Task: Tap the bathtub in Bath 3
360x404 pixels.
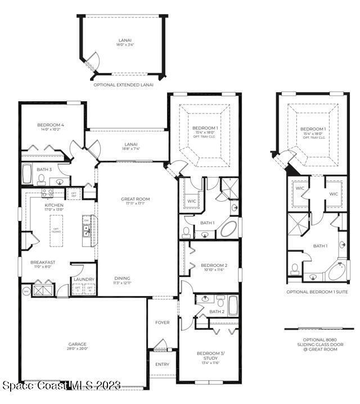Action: tap(28, 174)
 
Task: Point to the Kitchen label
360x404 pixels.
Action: tap(54, 206)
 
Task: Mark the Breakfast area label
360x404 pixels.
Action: tap(43, 262)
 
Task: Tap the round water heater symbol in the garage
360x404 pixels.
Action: tap(26, 291)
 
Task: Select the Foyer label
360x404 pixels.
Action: tap(162, 323)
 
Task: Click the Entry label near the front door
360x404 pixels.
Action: tap(162, 364)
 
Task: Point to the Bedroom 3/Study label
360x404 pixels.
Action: tap(208, 356)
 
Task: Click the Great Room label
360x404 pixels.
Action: tap(135, 199)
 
